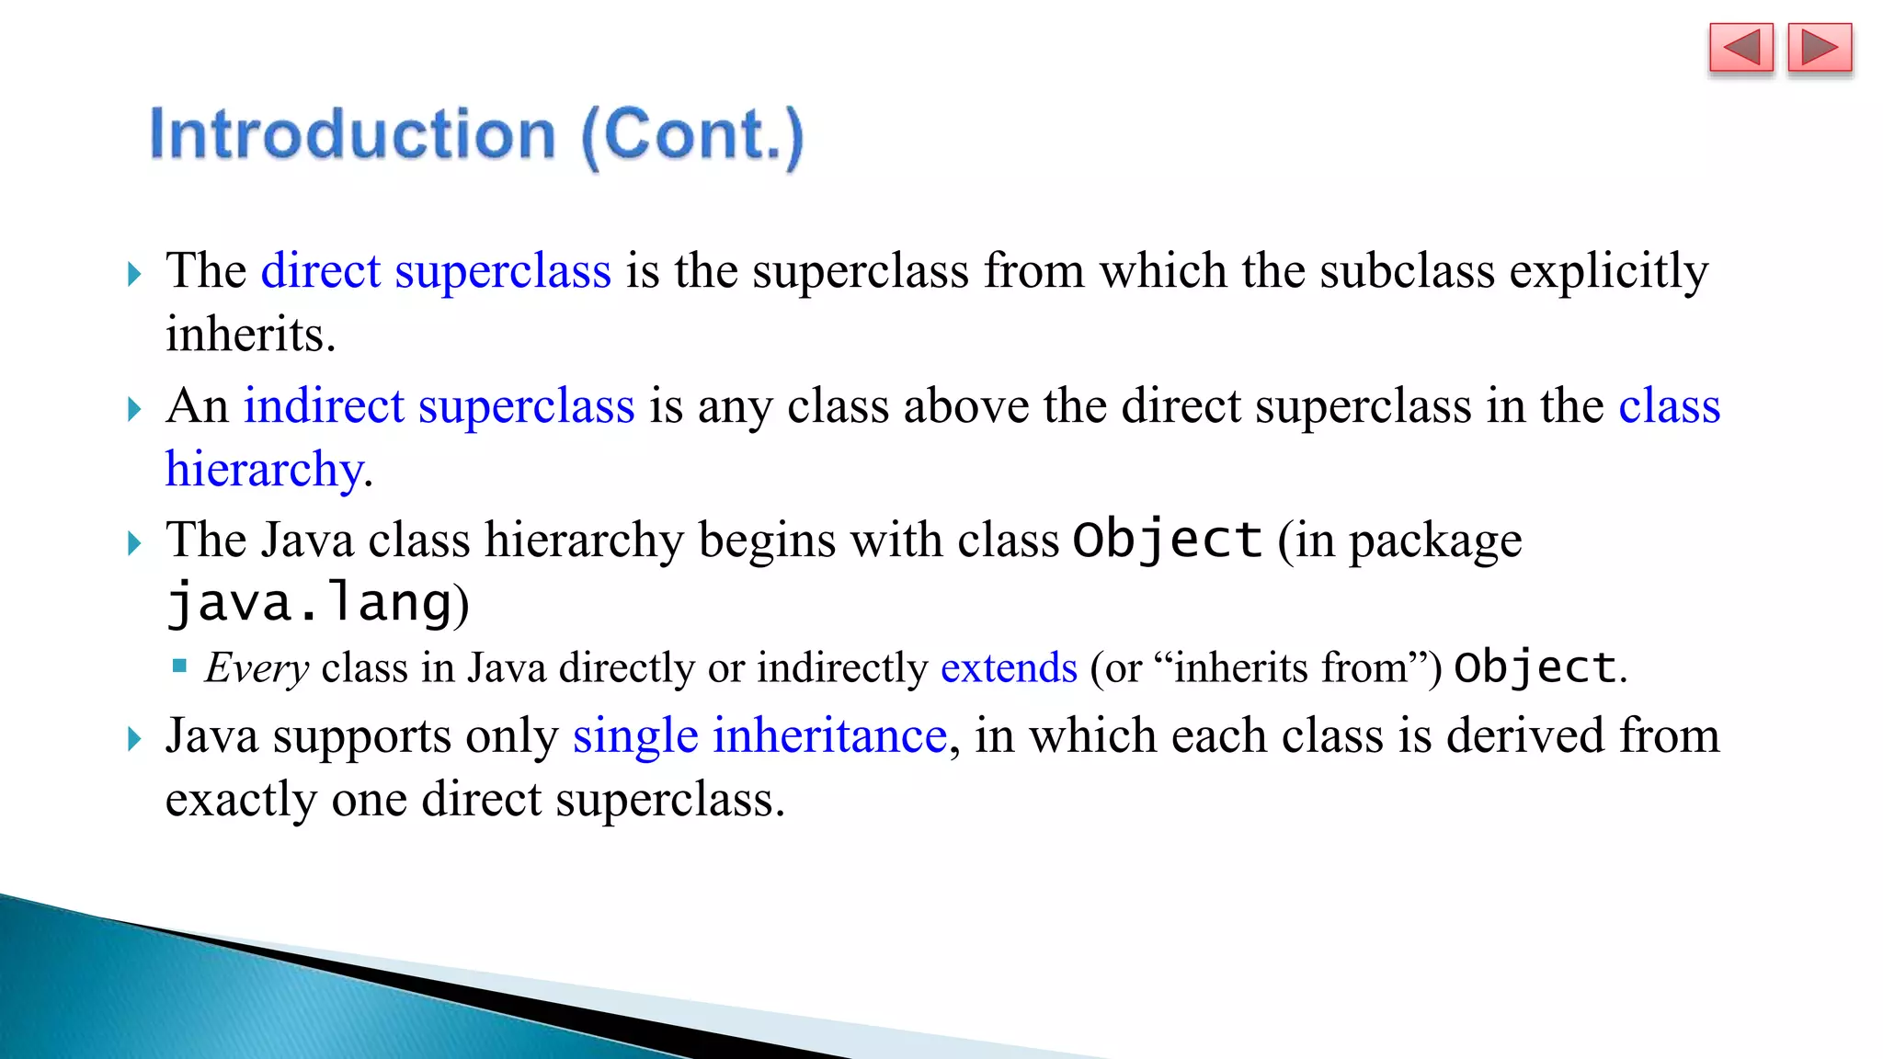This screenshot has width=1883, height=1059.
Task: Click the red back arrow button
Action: point(1740,48)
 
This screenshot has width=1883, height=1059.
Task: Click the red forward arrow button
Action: point(1820,48)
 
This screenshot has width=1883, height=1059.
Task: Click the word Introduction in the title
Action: point(353,135)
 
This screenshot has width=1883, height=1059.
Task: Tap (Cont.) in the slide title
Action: point(692,137)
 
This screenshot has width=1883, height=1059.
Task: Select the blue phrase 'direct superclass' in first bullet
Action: point(436,271)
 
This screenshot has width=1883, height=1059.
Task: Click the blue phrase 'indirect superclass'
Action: point(439,406)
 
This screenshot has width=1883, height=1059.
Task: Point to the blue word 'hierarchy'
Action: point(264,470)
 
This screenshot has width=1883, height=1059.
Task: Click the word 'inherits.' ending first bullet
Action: point(250,334)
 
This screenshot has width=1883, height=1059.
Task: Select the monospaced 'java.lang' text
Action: point(311,604)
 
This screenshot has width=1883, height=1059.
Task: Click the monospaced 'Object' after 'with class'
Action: point(1167,540)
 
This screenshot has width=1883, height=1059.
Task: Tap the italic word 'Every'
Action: point(257,668)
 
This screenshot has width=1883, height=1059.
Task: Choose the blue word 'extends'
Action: point(1009,668)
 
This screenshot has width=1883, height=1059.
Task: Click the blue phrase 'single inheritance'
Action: point(759,736)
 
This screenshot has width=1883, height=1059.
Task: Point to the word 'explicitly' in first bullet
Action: point(1608,273)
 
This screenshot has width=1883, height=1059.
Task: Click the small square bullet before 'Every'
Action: point(180,666)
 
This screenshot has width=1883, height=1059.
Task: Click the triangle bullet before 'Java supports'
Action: point(134,738)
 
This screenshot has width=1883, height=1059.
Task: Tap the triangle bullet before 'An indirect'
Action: point(134,408)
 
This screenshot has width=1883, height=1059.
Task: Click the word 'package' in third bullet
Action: point(1435,541)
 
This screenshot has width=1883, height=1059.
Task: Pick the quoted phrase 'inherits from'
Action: point(1291,668)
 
